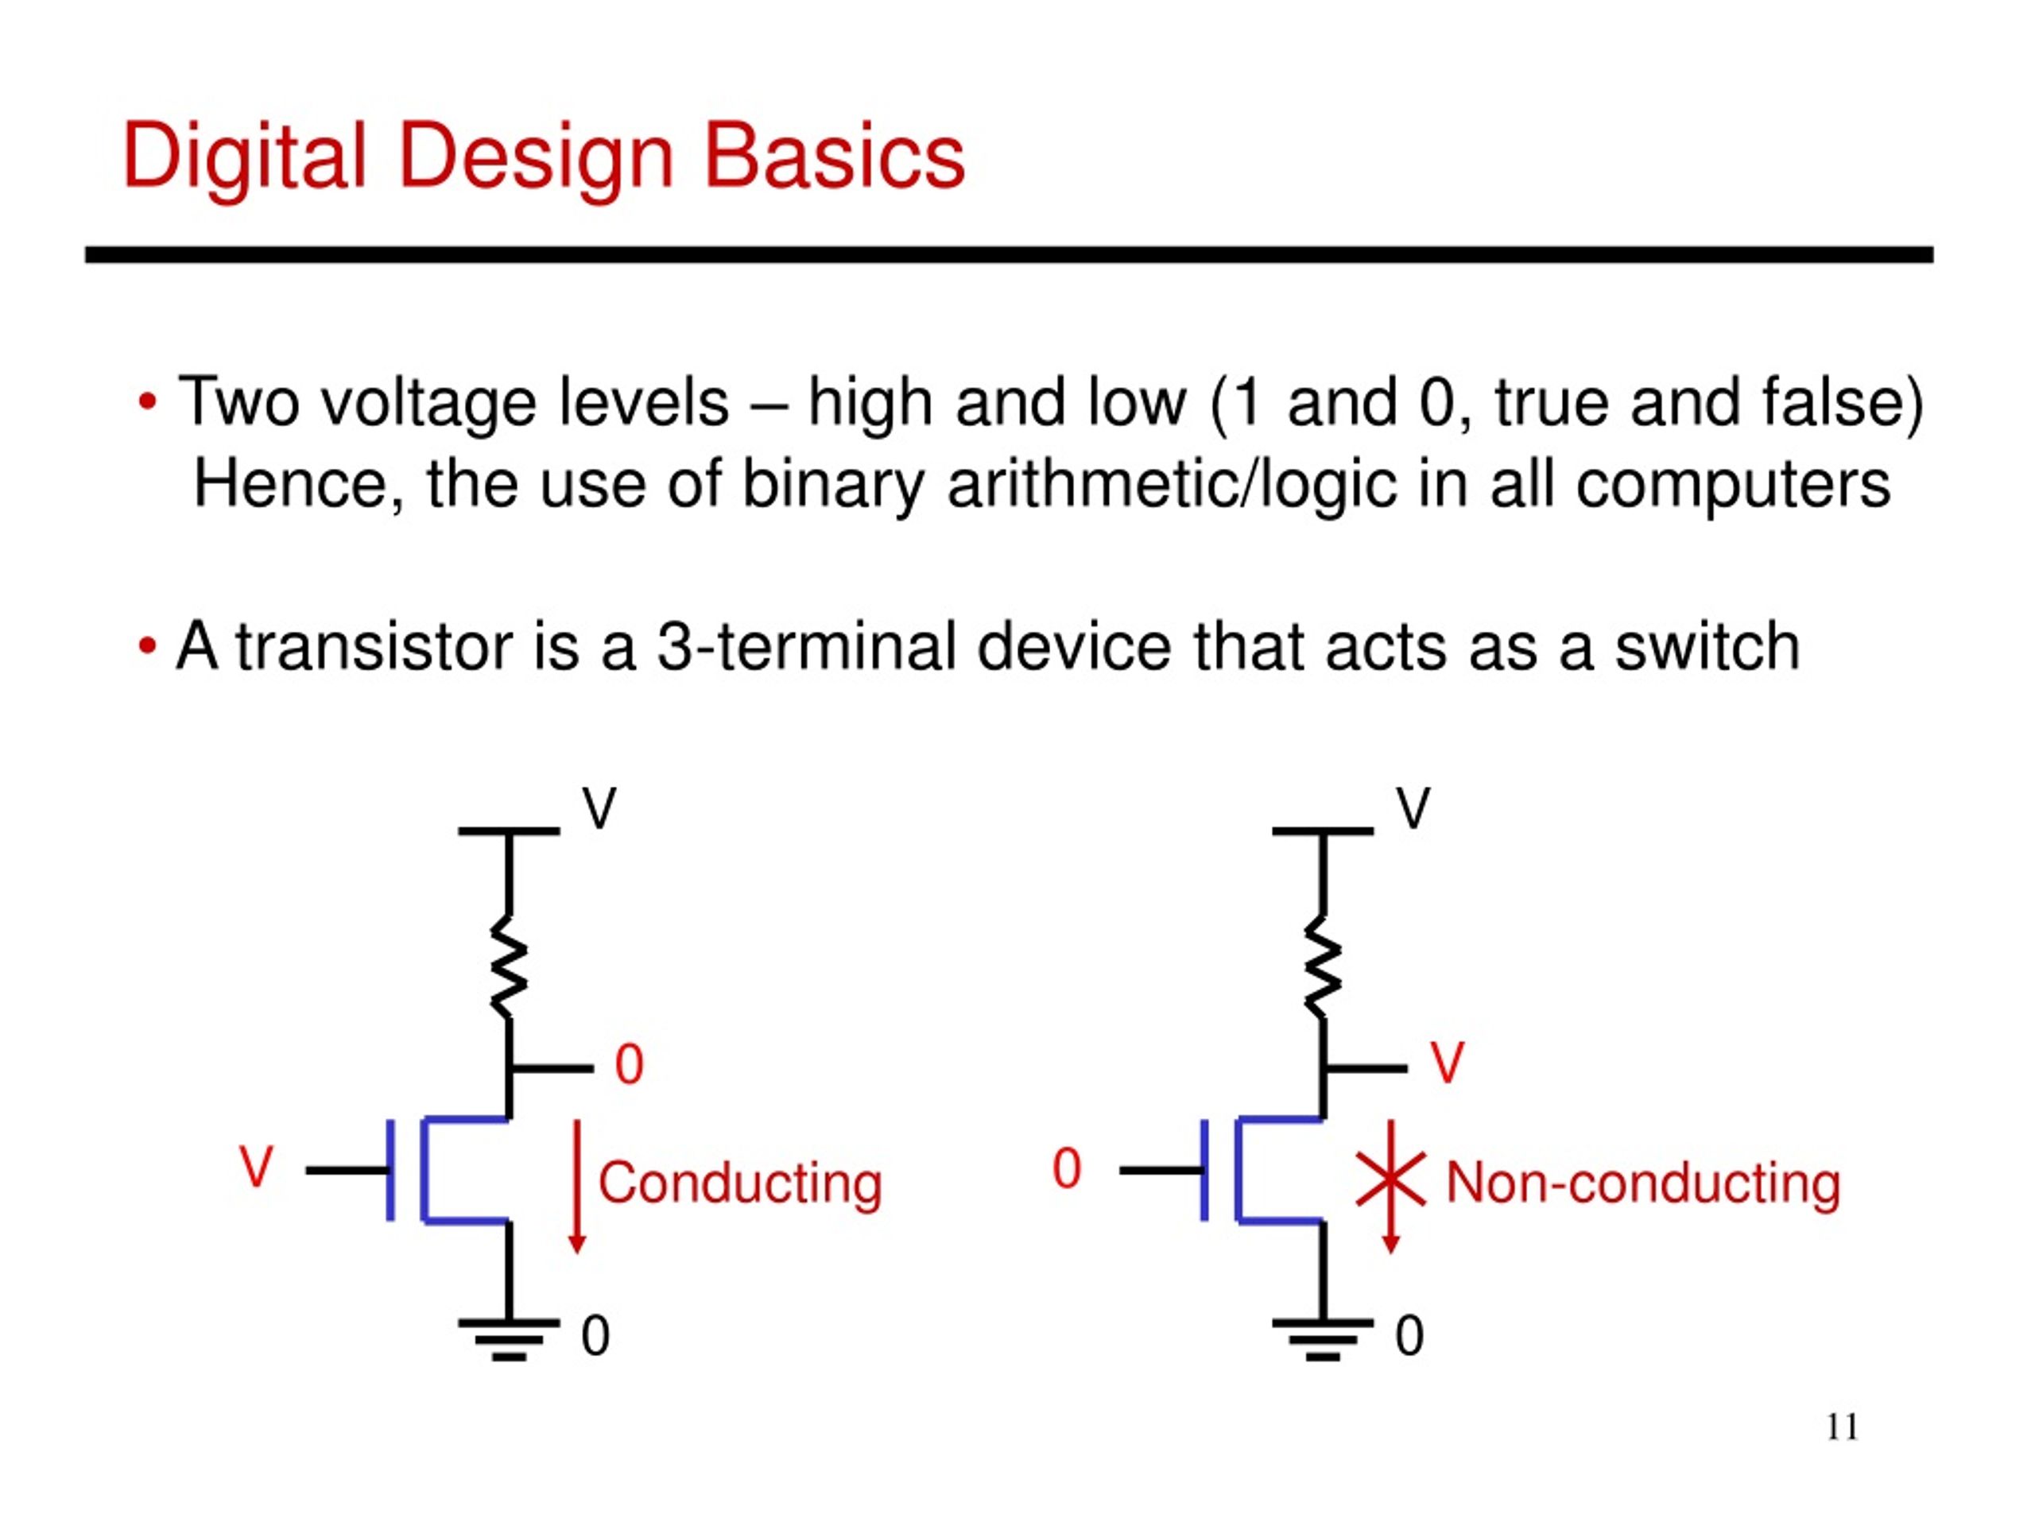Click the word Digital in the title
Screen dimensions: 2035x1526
coord(245,158)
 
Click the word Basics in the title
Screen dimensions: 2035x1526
coord(835,157)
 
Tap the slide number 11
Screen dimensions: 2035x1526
coord(1842,1427)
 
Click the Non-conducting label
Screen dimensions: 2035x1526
coord(1643,1183)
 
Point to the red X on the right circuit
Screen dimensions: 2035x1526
coord(1391,1179)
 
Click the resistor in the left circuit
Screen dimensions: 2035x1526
coord(509,966)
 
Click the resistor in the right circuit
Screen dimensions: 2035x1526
coord(1323,966)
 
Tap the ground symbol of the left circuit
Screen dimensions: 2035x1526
coord(509,1338)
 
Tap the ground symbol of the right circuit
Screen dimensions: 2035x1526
coord(1323,1338)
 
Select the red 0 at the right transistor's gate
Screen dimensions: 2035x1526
coord(1067,1168)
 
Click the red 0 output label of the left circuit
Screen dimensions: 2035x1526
coord(630,1064)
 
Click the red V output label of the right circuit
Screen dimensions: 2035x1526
coord(1447,1063)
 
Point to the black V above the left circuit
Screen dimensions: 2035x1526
coord(599,808)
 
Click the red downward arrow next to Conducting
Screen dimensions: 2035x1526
coord(577,1187)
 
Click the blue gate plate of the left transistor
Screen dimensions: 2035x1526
coord(391,1170)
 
